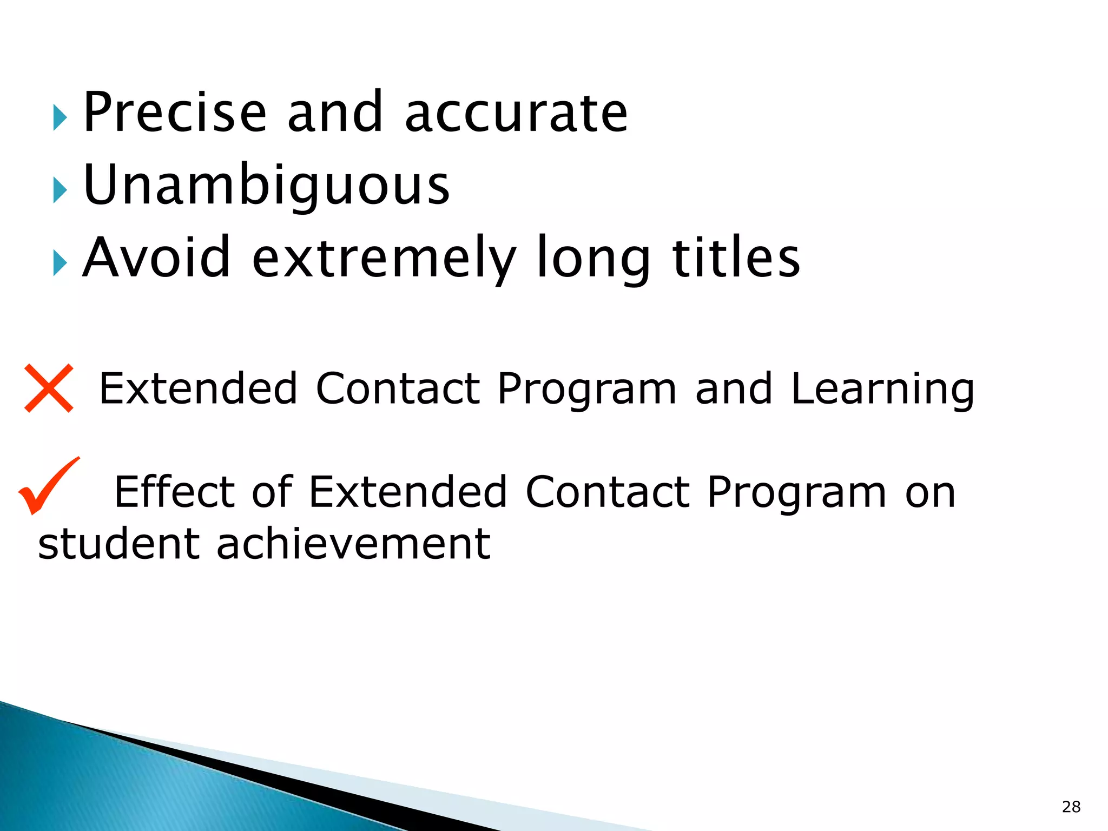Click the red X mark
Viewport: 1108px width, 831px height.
[x=49, y=388]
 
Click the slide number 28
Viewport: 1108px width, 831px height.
[x=1071, y=807]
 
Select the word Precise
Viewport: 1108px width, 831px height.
[x=175, y=112]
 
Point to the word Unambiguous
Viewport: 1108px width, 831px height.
[x=266, y=185]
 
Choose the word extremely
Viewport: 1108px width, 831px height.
[x=384, y=259]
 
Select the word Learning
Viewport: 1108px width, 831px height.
[x=882, y=388]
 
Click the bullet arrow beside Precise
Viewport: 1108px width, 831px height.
[x=60, y=118]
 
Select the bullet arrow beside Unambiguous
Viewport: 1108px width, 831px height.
[x=60, y=190]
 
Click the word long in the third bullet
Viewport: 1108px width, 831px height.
[x=593, y=259]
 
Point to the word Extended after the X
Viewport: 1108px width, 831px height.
[x=198, y=388]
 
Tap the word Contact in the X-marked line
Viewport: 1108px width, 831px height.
[x=398, y=388]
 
